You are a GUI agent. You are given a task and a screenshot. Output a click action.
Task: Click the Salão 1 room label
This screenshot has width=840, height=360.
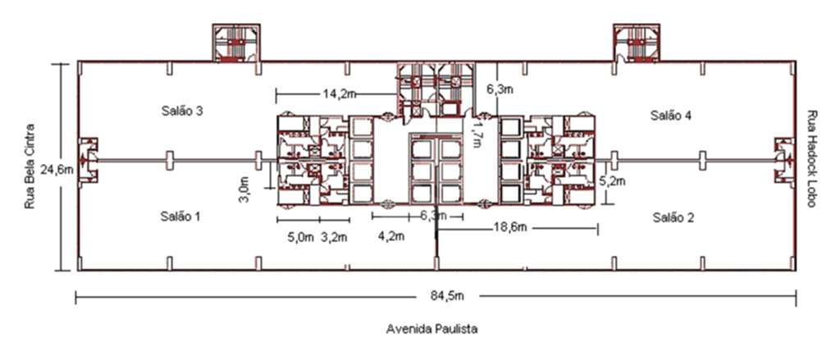180,216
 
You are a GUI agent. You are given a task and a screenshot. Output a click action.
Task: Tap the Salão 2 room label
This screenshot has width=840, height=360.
673,217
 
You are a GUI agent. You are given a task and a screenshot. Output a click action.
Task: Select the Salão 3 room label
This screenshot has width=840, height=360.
181,112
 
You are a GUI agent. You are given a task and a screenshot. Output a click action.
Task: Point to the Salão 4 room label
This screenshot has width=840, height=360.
671,115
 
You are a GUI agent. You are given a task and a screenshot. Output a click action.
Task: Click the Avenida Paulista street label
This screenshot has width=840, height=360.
431,329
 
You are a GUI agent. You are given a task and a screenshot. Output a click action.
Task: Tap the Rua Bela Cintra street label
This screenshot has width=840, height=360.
30,166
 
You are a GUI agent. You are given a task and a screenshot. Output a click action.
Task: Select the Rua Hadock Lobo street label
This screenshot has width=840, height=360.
812,159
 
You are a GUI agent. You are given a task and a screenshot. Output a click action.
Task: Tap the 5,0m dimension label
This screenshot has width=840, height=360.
300,237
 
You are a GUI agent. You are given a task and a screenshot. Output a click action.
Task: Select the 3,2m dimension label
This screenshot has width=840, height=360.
335,237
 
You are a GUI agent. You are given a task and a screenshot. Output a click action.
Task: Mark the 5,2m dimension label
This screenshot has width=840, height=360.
612,181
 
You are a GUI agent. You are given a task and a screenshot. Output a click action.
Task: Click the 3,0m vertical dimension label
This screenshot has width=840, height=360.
244,191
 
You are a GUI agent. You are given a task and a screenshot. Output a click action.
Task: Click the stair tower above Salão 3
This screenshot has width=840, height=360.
236,43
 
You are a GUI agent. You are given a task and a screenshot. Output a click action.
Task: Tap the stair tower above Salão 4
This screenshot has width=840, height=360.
637,43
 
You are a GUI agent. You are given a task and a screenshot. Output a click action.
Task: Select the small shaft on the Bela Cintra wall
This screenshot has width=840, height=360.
88,159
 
